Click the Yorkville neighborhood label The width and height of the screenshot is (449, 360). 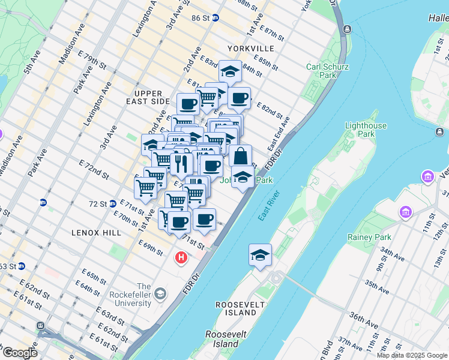point(251,48)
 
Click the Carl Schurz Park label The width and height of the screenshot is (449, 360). point(327,71)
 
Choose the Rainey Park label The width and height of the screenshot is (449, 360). point(369,237)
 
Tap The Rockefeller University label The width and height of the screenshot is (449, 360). point(127,295)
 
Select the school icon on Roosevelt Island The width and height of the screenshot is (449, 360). point(261,255)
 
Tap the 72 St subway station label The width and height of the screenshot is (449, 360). point(97,204)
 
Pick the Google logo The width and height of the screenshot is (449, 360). point(19,353)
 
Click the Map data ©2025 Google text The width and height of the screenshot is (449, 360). point(412,355)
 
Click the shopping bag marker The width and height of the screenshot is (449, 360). point(240,156)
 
